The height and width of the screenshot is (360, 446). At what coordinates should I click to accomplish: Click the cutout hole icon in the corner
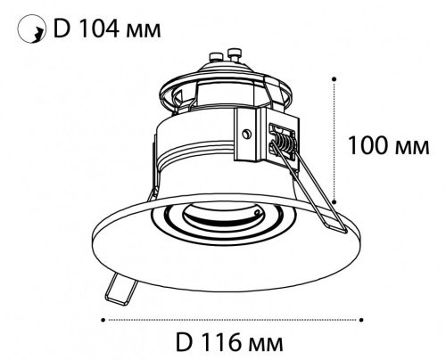pos(32,29)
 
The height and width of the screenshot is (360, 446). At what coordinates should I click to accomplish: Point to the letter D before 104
pos(62,29)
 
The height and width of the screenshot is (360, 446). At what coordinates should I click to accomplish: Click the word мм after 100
pos(413,148)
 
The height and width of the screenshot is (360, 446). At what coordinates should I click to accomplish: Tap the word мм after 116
pos(266,345)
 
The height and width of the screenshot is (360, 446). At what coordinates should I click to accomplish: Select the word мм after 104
pos(144,31)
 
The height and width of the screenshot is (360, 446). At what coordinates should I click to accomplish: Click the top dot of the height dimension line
pos(334,78)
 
